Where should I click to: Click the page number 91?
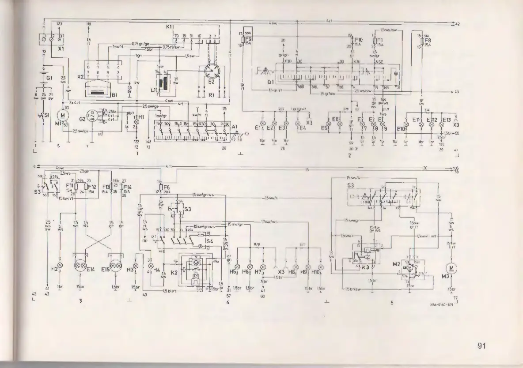481,346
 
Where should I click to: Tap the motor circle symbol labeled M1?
63,116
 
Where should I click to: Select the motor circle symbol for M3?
451,268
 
